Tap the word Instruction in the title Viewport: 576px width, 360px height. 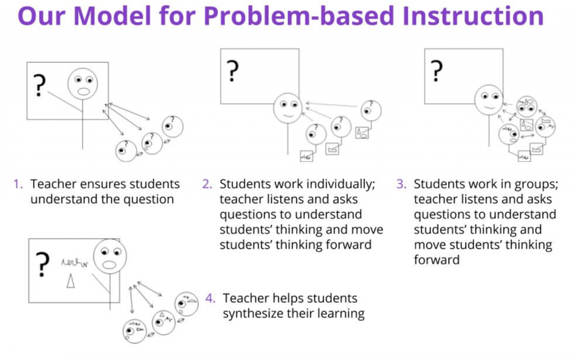[x=466, y=17]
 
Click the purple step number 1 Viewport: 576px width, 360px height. [x=18, y=184]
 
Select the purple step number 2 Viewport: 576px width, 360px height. [x=206, y=184]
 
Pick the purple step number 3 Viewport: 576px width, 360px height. [x=400, y=184]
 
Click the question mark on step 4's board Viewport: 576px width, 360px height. [x=42, y=264]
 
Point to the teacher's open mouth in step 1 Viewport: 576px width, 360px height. [x=84, y=91]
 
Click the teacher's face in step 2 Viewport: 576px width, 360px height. [x=287, y=108]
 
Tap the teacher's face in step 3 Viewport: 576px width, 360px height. [x=488, y=100]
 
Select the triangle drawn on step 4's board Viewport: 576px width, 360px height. [x=70, y=281]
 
